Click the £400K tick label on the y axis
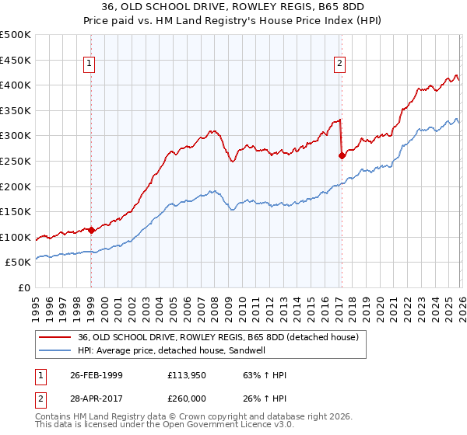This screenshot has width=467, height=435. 16,85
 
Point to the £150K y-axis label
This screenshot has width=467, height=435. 16,211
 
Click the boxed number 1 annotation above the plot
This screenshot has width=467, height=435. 91,64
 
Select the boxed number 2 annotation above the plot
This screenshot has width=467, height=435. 340,64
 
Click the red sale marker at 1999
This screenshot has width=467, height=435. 91,230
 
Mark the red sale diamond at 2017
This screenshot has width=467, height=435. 342,155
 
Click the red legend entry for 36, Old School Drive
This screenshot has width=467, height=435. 217,337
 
